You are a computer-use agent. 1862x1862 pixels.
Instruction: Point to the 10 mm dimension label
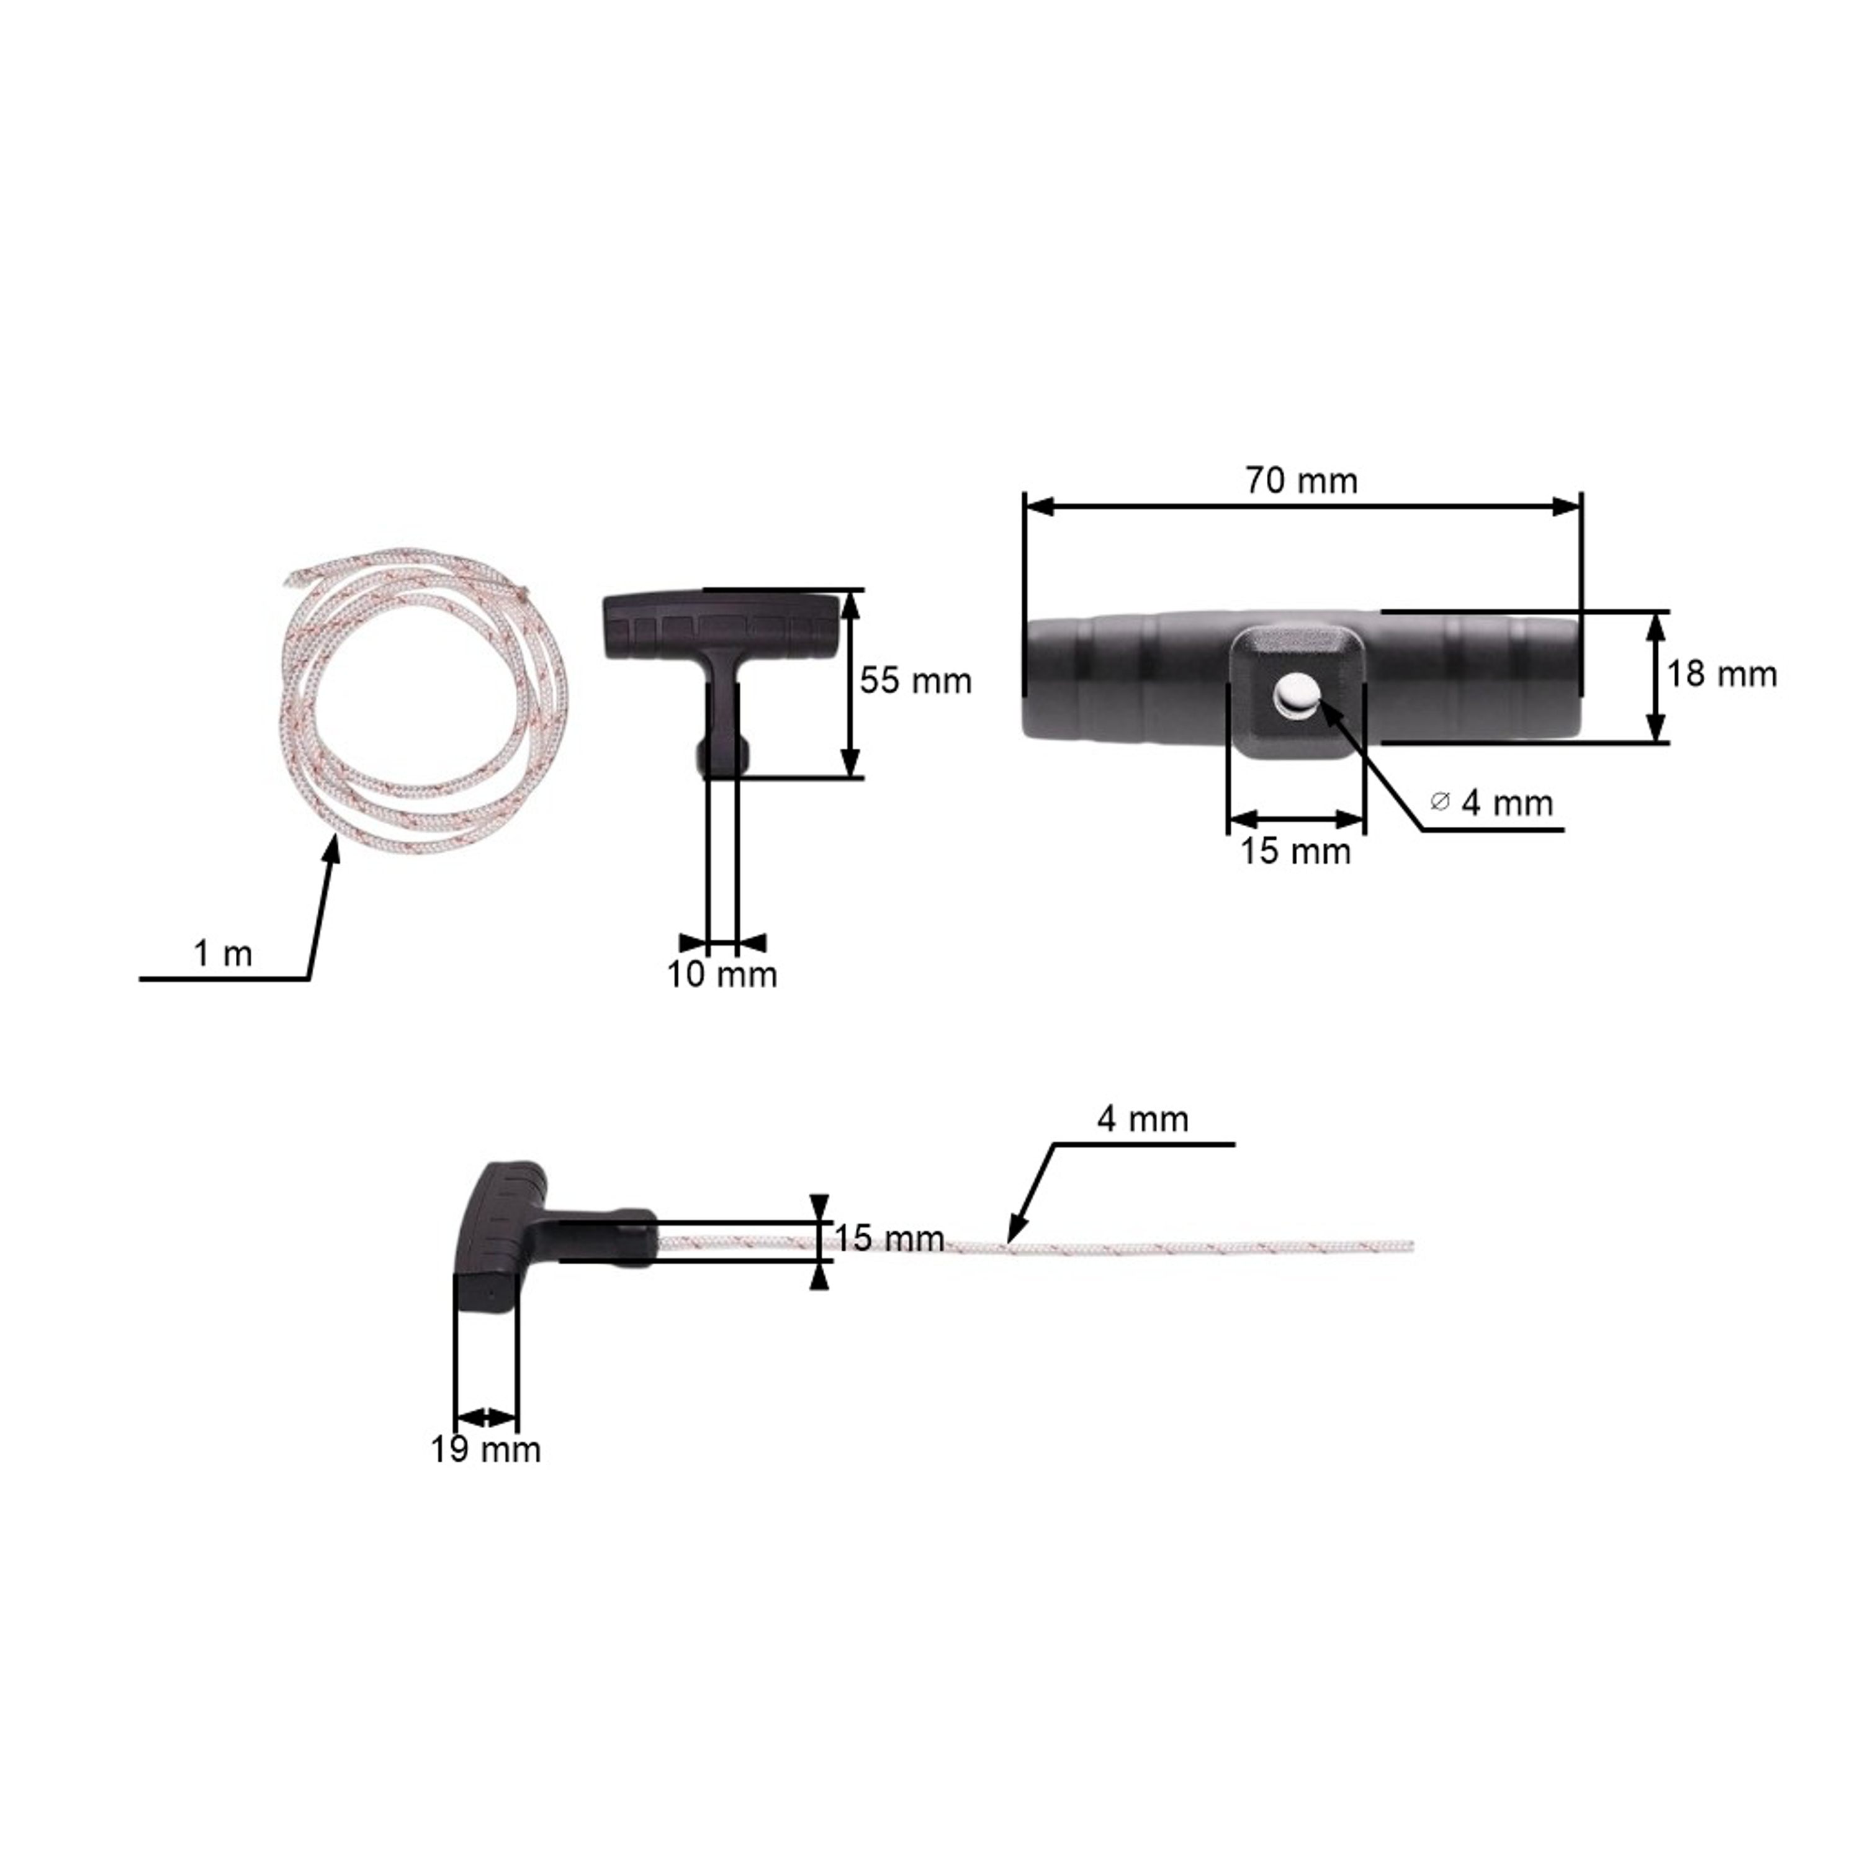click(722, 974)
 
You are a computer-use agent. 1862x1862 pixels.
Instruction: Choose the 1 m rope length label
click(223, 953)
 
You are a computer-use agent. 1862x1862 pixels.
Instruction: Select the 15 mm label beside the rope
click(889, 1238)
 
